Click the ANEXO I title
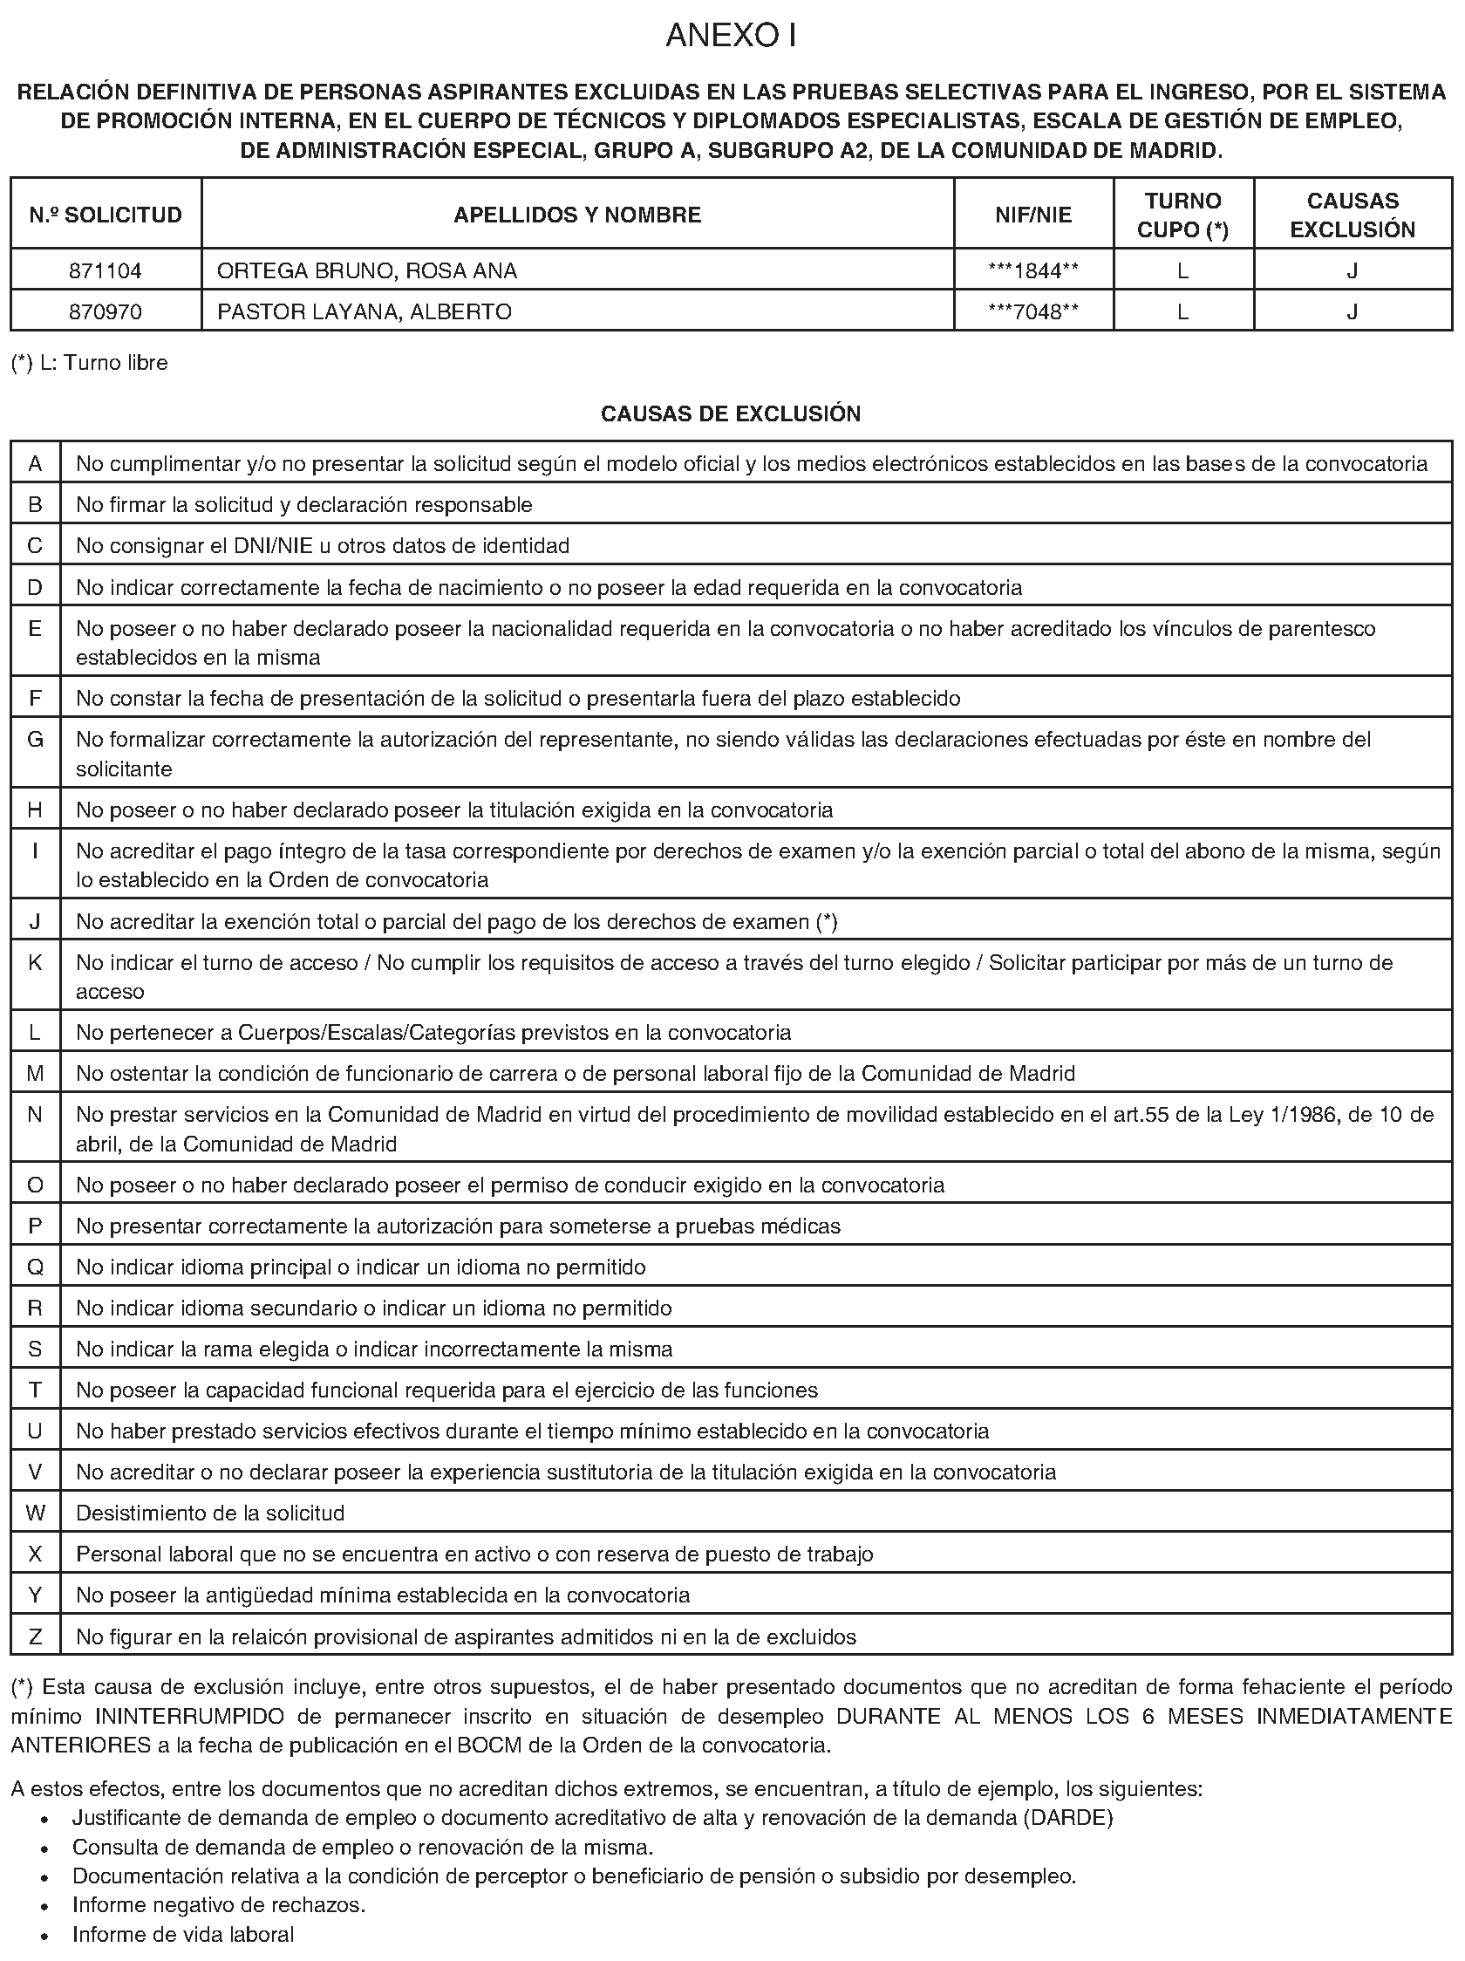point(731,36)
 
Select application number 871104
point(106,270)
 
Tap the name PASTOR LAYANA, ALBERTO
point(365,311)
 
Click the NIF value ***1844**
point(1032,270)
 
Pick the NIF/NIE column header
point(1032,215)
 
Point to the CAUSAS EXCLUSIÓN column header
point(1352,215)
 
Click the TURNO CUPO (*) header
point(1182,215)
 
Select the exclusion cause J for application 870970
point(1352,311)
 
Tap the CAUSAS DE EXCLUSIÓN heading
point(730,413)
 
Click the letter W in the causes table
point(36,1513)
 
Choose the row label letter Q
point(36,1267)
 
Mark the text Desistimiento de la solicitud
point(210,1513)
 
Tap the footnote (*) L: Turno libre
point(90,363)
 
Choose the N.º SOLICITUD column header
point(106,215)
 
